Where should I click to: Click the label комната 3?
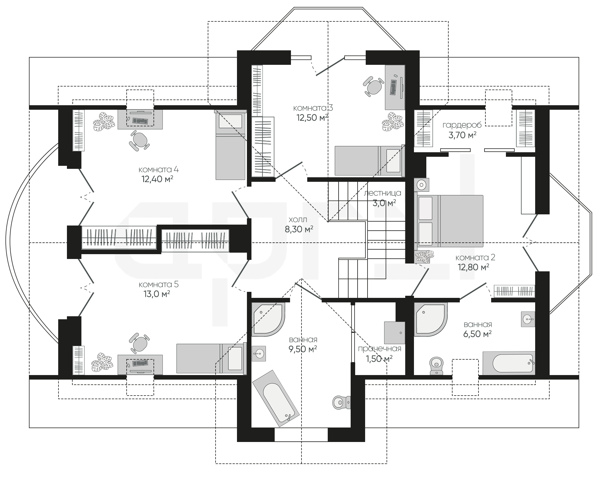[x=313, y=108]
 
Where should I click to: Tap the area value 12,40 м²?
[x=157, y=179]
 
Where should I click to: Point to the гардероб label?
[x=462, y=125]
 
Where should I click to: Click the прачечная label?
[x=380, y=349]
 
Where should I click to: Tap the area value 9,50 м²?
[x=302, y=349]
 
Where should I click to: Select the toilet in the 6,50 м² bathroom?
[x=436, y=366]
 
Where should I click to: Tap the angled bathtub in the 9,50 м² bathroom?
[x=276, y=398]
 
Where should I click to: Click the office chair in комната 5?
[x=139, y=343]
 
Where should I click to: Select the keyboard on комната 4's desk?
[x=140, y=121]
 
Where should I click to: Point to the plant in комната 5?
[x=103, y=363]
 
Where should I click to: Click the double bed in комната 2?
[x=450, y=221]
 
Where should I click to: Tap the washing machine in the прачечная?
[x=394, y=333]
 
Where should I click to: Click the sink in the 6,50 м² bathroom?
[x=528, y=319]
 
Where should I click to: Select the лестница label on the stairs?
[x=382, y=193]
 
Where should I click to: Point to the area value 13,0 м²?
[x=157, y=294]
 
